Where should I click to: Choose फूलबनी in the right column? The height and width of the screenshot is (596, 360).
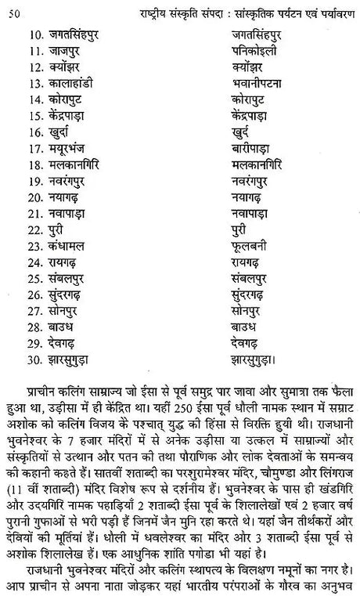point(251,265)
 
